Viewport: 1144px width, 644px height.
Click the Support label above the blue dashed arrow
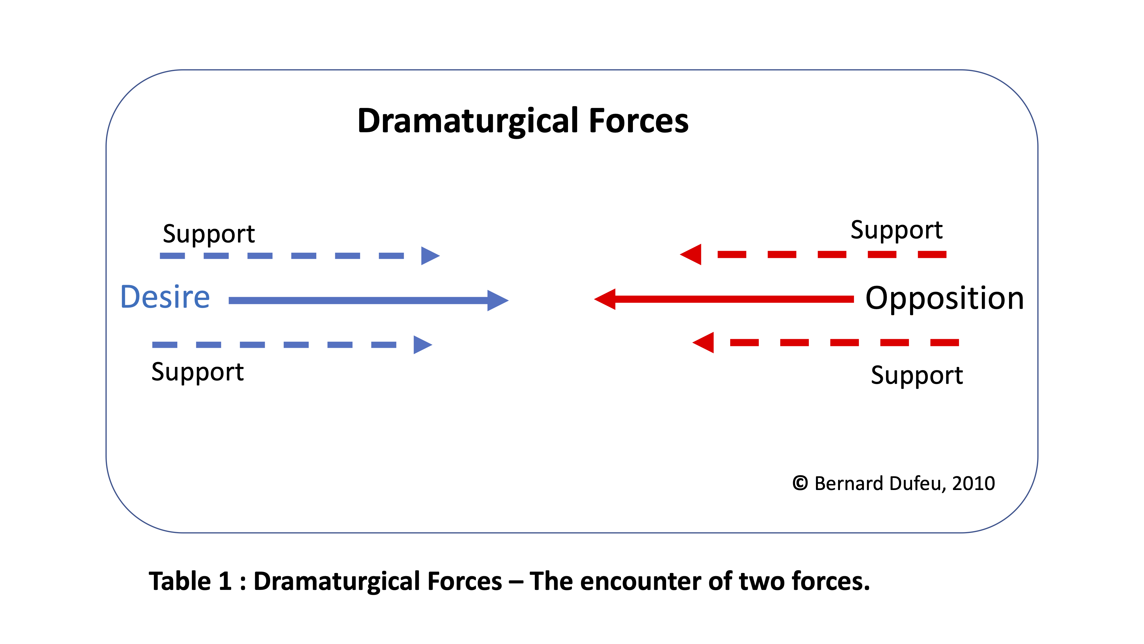coord(209,234)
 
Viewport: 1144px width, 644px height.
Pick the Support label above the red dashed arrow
coord(896,230)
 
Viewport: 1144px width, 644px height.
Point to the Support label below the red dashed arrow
coord(917,375)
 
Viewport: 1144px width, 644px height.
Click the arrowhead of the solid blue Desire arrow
coord(497,301)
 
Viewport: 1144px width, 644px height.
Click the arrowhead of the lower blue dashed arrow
coord(422,344)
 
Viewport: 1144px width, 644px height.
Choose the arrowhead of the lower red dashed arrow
coord(704,342)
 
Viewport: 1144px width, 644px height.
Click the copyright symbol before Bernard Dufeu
coord(800,483)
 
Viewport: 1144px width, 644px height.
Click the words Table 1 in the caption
coord(190,581)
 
